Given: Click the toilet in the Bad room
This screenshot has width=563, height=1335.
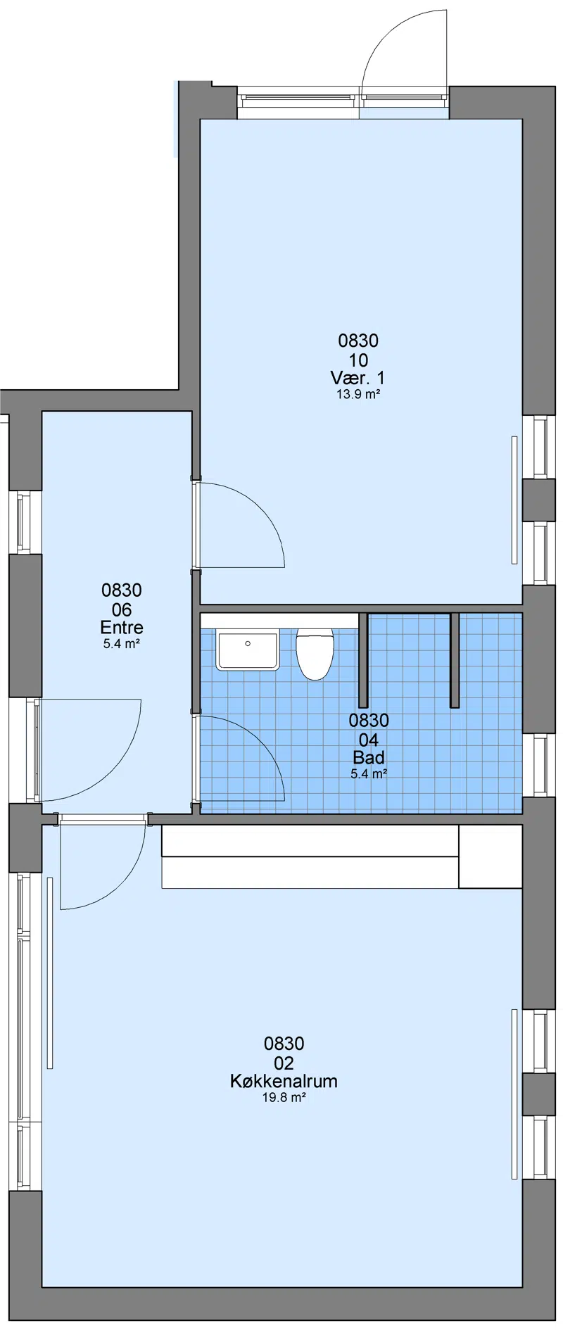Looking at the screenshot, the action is point(314,654).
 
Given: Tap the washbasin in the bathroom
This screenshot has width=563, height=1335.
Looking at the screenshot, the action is point(248,650).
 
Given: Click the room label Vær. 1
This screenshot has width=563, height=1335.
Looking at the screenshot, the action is point(358,378).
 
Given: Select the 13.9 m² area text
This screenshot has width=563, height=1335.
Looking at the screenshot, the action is point(358,395).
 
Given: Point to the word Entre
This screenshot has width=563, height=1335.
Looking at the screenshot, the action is point(122,627).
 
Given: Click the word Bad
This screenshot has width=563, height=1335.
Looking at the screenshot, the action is point(369,757).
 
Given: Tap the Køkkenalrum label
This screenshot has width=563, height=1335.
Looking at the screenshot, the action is point(284,1081).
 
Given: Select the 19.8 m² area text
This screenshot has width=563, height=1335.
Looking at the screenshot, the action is point(284,1098).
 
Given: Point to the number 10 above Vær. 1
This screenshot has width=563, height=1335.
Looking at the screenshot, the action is point(358,360).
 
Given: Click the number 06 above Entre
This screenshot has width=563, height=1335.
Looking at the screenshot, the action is point(122,609).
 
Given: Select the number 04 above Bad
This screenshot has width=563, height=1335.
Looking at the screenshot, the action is point(369,740).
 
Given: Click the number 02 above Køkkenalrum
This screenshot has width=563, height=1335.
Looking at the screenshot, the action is point(284,1063).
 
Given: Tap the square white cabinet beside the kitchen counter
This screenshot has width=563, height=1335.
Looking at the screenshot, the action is point(491,856).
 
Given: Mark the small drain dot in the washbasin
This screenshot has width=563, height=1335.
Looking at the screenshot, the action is point(248,643).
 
